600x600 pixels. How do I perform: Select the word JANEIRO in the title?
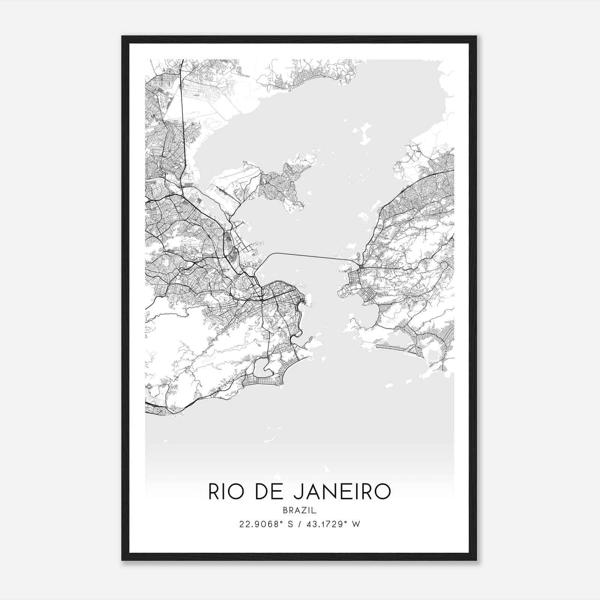[x=342, y=492]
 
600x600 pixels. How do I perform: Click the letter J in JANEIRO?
[x=297, y=492]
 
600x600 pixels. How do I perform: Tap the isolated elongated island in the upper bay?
[x=361, y=135]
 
